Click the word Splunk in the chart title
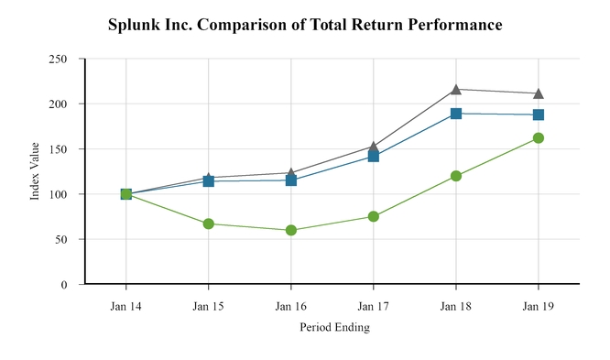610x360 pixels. (133, 26)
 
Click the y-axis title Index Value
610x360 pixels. (35, 171)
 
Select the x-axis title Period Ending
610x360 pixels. (334, 327)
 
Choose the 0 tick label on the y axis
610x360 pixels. (64, 285)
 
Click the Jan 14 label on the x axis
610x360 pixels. (125, 305)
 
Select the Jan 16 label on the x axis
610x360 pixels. (291, 305)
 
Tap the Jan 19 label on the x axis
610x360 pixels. (539, 305)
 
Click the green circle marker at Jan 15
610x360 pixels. (209, 224)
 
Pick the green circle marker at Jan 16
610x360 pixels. (291, 230)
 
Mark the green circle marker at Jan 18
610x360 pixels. (456, 176)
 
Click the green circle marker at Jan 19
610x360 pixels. (539, 138)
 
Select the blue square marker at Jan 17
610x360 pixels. (374, 157)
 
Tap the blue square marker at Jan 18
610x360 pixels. (456, 114)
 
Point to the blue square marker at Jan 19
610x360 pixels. (539, 115)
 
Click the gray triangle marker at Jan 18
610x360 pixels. (456, 89)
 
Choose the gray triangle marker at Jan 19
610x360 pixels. (539, 93)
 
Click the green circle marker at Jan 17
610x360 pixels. (374, 216)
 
